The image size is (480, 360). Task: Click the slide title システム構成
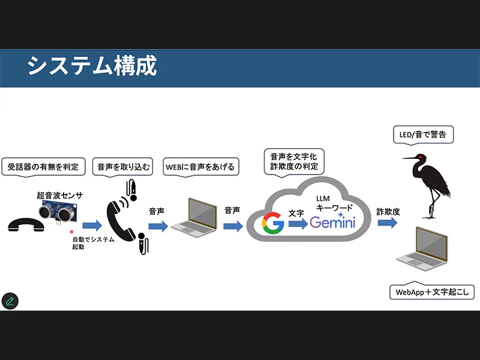[92, 66]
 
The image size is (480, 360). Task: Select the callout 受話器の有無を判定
[43, 166]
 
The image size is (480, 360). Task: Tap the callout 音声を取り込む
[124, 166]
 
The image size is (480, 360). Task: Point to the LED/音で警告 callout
[422, 134]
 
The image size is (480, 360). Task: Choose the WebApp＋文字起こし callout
[432, 292]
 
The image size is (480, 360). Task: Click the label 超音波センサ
[59, 196]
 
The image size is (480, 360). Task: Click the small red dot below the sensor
[71, 232]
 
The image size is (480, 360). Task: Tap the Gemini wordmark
[332, 223]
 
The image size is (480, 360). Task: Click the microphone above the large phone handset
[132, 188]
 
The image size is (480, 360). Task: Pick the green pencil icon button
[10, 301]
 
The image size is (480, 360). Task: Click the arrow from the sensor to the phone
[92, 226]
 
